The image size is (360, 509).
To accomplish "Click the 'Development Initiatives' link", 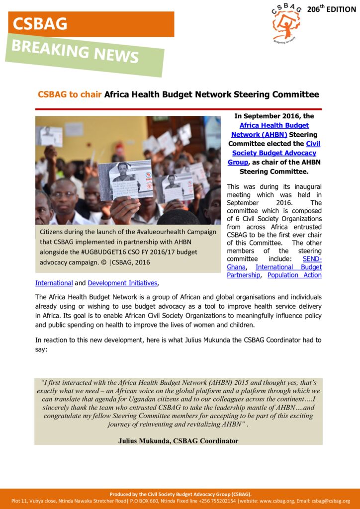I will click(122, 283).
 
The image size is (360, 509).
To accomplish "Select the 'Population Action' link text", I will click(294, 275).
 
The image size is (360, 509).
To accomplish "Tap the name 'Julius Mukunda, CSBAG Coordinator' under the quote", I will click(178, 441).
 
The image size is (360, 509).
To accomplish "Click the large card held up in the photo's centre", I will click(125, 179).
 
